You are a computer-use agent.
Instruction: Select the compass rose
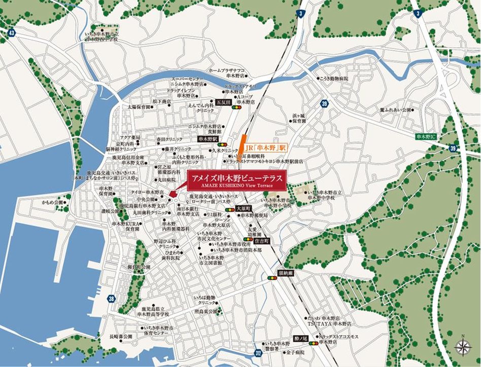point(462,347)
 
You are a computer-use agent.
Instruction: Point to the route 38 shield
point(111,299)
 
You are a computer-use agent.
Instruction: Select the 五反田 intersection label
point(223,102)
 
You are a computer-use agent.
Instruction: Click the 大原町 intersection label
point(244,208)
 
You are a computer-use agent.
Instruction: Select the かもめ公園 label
point(52,202)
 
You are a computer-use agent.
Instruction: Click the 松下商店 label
point(161,101)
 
